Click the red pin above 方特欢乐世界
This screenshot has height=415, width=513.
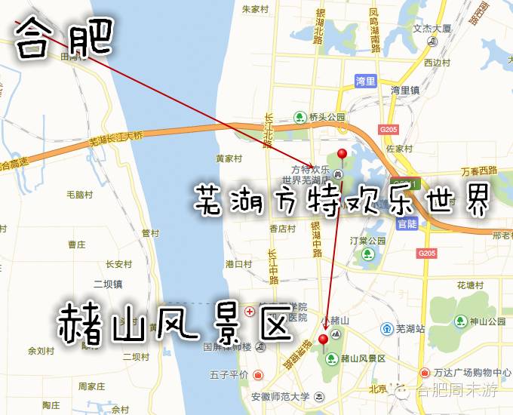(x=342, y=155)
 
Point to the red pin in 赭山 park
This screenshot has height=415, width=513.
(x=324, y=339)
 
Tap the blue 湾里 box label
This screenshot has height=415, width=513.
(x=365, y=80)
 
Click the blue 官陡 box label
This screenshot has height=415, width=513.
(x=407, y=224)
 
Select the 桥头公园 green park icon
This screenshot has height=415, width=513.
(x=300, y=117)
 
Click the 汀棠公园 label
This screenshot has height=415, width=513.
(x=367, y=241)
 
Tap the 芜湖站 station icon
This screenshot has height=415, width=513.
(x=386, y=329)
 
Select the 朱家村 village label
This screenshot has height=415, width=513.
(x=256, y=10)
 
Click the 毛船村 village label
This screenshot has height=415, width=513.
(x=79, y=195)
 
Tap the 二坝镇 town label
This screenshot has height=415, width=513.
(x=107, y=284)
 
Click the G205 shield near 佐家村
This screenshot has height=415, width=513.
(x=389, y=130)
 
